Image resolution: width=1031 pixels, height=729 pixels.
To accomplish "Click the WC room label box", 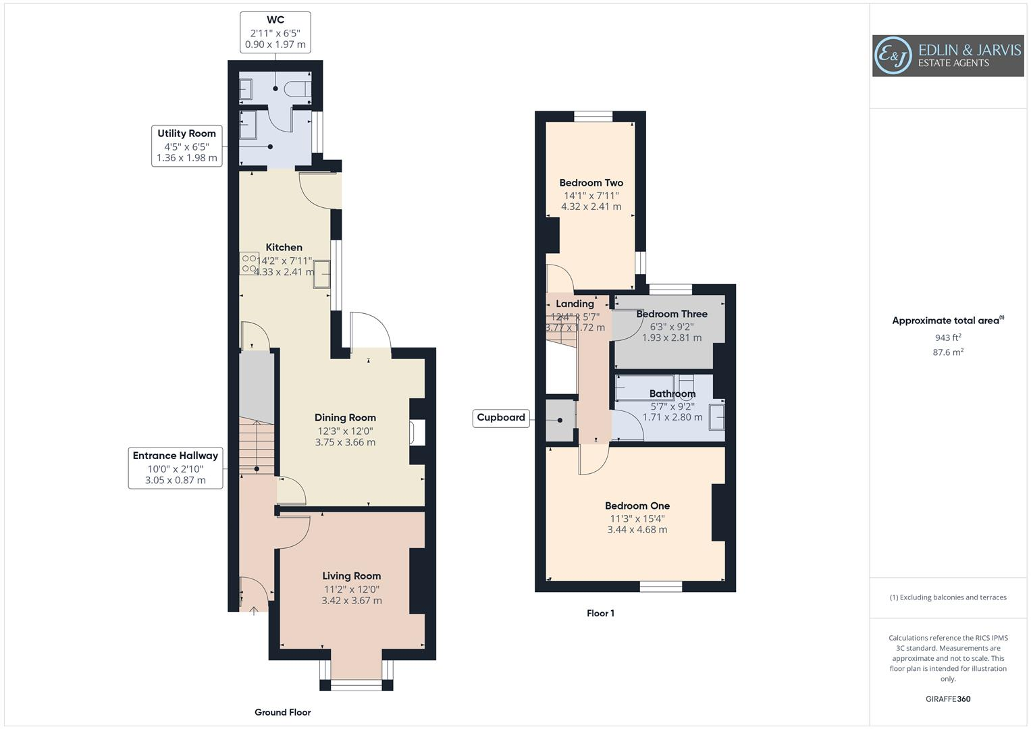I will pos(275,32).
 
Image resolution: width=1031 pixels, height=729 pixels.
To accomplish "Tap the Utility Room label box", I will pos(187,146).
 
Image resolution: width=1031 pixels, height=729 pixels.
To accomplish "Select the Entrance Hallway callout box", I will pos(176,468).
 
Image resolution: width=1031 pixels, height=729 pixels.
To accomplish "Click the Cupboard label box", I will pos(501,418).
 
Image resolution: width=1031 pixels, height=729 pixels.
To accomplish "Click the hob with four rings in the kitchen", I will pos(248,263).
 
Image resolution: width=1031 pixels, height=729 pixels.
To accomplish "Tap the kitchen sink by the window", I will pos(321,275).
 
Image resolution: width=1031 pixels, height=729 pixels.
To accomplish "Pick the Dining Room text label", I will pos(345,418).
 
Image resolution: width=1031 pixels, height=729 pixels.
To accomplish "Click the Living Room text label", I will pos(351,576).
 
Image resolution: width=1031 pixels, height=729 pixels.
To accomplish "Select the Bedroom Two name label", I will pos(591,183).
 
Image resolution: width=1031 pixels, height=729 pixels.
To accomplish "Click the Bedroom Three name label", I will pos(672,314).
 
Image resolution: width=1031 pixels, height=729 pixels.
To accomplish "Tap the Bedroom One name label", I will pos(637,506).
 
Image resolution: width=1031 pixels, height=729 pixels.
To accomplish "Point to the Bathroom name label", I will pos(672,394).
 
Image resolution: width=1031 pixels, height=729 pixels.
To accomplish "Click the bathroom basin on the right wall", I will pos(716,416).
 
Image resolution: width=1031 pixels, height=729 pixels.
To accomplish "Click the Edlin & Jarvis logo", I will pos(947,56).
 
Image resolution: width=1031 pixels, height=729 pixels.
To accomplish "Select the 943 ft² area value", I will pos(947,337).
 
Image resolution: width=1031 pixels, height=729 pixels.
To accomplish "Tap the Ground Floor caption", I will pos(282,712).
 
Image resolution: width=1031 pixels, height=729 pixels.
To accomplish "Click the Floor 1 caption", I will pos(600,614).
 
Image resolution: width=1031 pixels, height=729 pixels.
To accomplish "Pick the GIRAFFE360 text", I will pos(948,699).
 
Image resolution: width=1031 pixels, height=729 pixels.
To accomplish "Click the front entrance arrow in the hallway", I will pos(254,611).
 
